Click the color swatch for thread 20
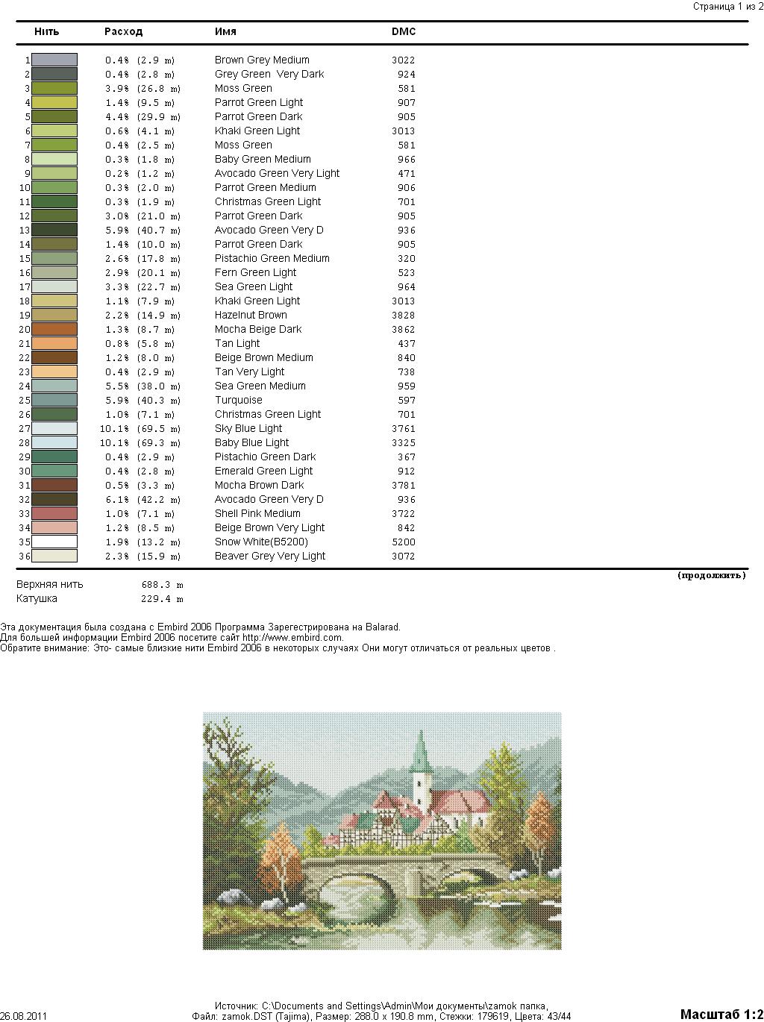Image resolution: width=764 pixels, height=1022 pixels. pos(54,329)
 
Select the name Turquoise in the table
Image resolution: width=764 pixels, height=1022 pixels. pos(239,401)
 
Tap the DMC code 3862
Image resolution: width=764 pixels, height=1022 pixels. pos(403,330)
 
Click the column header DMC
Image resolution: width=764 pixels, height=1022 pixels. pos(404,32)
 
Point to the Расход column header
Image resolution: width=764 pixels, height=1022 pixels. pos(123,32)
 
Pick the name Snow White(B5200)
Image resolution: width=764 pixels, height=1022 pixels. pos(261,542)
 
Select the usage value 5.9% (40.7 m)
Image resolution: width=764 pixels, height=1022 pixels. pos(143,231)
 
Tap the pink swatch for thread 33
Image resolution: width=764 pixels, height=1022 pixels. pos(54,514)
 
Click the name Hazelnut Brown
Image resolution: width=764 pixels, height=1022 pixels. pos(251,316)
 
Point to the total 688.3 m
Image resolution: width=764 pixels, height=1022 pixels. pos(162,585)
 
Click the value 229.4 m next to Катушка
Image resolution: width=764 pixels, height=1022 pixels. pos(162,599)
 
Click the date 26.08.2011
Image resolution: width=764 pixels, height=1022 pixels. pos(24,1016)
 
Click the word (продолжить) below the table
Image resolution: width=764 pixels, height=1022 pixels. pos(711,575)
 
